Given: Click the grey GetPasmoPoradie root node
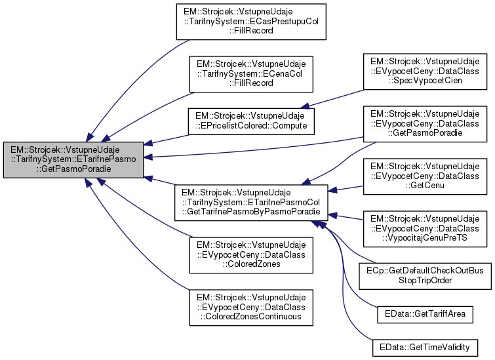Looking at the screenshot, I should point(73,160).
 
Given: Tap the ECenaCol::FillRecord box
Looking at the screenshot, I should point(251,73).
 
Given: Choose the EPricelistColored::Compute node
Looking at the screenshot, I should point(251,119).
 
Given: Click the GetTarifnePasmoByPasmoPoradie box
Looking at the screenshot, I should point(251,201).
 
